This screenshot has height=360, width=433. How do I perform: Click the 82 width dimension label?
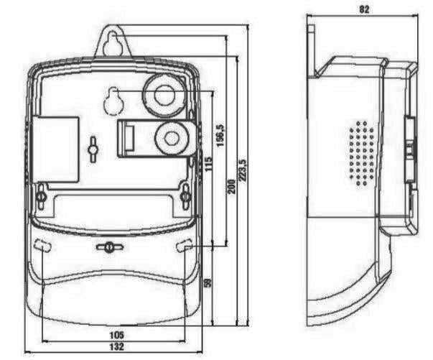coord(364,9)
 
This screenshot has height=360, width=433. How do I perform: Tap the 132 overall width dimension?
coord(116,346)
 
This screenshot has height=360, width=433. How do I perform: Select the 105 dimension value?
coord(116,335)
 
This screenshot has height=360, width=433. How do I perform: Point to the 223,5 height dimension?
coord(243,170)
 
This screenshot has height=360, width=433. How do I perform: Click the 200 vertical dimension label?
coord(232,187)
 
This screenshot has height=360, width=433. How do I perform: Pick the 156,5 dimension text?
coord(220,135)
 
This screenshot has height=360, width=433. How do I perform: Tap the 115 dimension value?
coord(209,164)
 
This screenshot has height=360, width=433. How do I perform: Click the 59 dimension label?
coord(208,282)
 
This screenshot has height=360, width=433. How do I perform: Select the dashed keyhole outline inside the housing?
coord(113,101)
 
